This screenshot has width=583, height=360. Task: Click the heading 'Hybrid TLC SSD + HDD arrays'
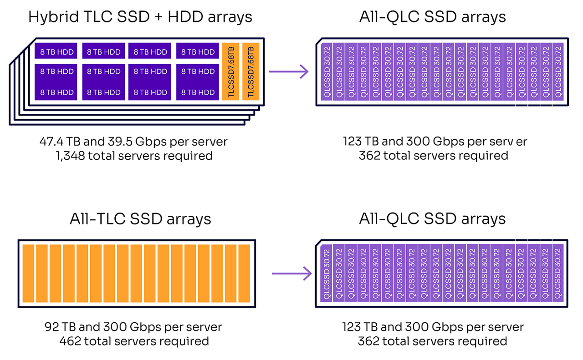point(140,17)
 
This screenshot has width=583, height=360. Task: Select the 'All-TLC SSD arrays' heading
point(140,219)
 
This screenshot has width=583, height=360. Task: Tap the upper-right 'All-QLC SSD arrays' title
point(432,17)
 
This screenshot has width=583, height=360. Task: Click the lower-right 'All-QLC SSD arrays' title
point(432,219)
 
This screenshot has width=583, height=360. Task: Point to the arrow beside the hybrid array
point(289,71)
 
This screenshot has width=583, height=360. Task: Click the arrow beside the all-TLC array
point(291,274)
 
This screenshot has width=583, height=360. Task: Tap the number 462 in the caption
point(70,341)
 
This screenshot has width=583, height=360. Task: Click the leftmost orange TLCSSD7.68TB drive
point(230,71)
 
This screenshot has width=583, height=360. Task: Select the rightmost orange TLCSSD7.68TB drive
point(251,71)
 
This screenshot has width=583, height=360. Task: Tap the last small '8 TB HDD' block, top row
point(198,52)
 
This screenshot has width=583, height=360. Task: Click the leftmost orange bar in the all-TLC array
point(29,274)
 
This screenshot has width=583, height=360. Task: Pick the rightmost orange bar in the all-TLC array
point(245,274)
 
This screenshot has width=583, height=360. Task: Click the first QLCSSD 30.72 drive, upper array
point(326,72)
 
